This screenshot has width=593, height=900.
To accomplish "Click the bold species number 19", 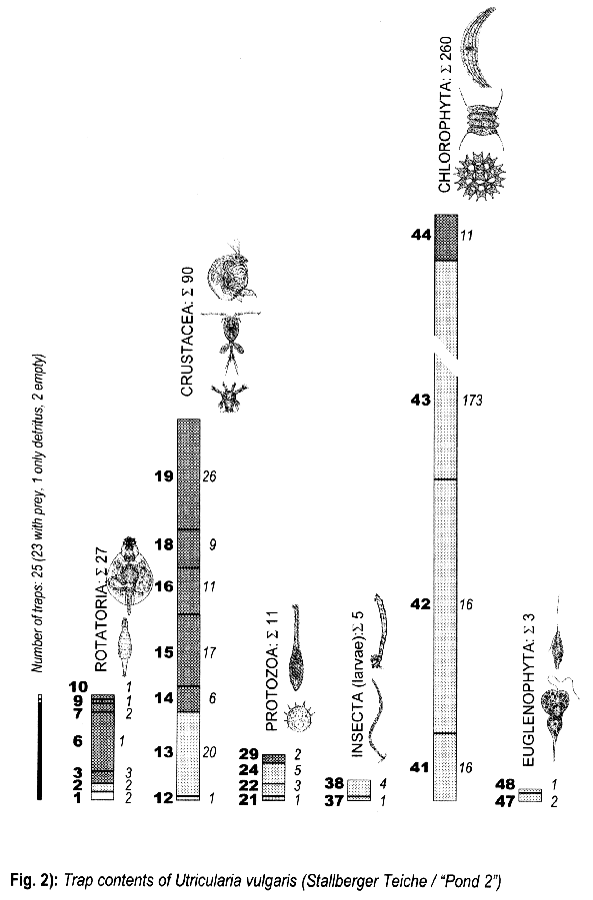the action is coord(164,476).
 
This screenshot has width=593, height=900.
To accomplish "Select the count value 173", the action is coord(472,401).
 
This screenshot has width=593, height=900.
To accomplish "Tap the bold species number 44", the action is coord(421,235).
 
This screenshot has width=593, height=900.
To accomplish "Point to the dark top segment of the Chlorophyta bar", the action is coord(446,238).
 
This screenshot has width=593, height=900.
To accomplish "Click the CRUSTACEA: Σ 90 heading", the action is coord(187,332).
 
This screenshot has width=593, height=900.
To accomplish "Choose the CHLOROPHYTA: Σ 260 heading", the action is coord(446,115).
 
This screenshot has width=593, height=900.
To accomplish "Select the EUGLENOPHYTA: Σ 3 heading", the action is coord(529,690).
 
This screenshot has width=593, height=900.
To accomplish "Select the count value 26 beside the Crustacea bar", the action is coord(209,476).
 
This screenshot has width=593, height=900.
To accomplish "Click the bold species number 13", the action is coord(164,752).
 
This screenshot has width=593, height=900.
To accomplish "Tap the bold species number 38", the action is coord(334,783).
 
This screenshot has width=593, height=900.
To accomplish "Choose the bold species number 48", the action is coord(505,784).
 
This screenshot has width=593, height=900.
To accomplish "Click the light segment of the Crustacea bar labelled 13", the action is coord(188,753).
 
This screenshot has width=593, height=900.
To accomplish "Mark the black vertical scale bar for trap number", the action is coord(39,746).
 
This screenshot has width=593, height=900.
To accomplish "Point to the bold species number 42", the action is coord(421,603).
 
